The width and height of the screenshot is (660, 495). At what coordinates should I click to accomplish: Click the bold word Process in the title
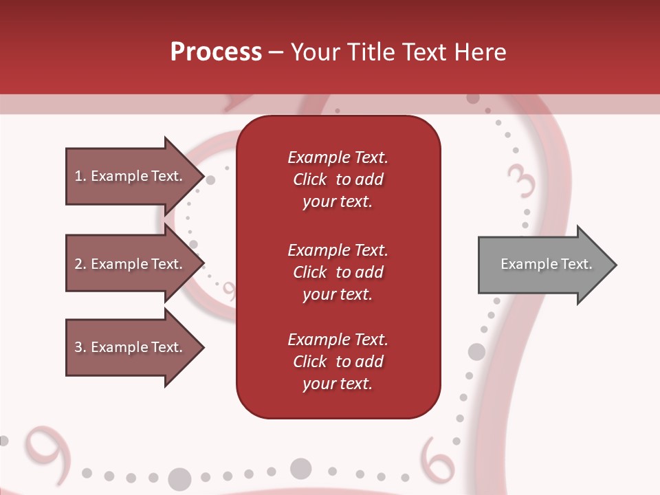tap(216, 52)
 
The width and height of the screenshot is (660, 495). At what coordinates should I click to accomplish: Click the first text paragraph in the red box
tap(338, 179)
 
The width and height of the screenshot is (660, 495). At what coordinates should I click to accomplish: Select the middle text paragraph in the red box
tap(338, 272)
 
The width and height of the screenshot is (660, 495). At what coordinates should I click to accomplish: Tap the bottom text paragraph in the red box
tap(338, 362)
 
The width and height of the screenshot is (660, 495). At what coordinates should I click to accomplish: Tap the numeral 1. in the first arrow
tap(80, 176)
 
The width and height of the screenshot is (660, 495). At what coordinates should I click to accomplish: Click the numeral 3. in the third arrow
tap(80, 347)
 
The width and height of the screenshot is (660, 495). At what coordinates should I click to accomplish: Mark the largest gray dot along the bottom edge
tap(179, 478)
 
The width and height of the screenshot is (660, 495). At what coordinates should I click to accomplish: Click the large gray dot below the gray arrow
tap(476, 352)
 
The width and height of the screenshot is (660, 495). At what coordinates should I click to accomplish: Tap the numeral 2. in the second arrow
tap(80, 264)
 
